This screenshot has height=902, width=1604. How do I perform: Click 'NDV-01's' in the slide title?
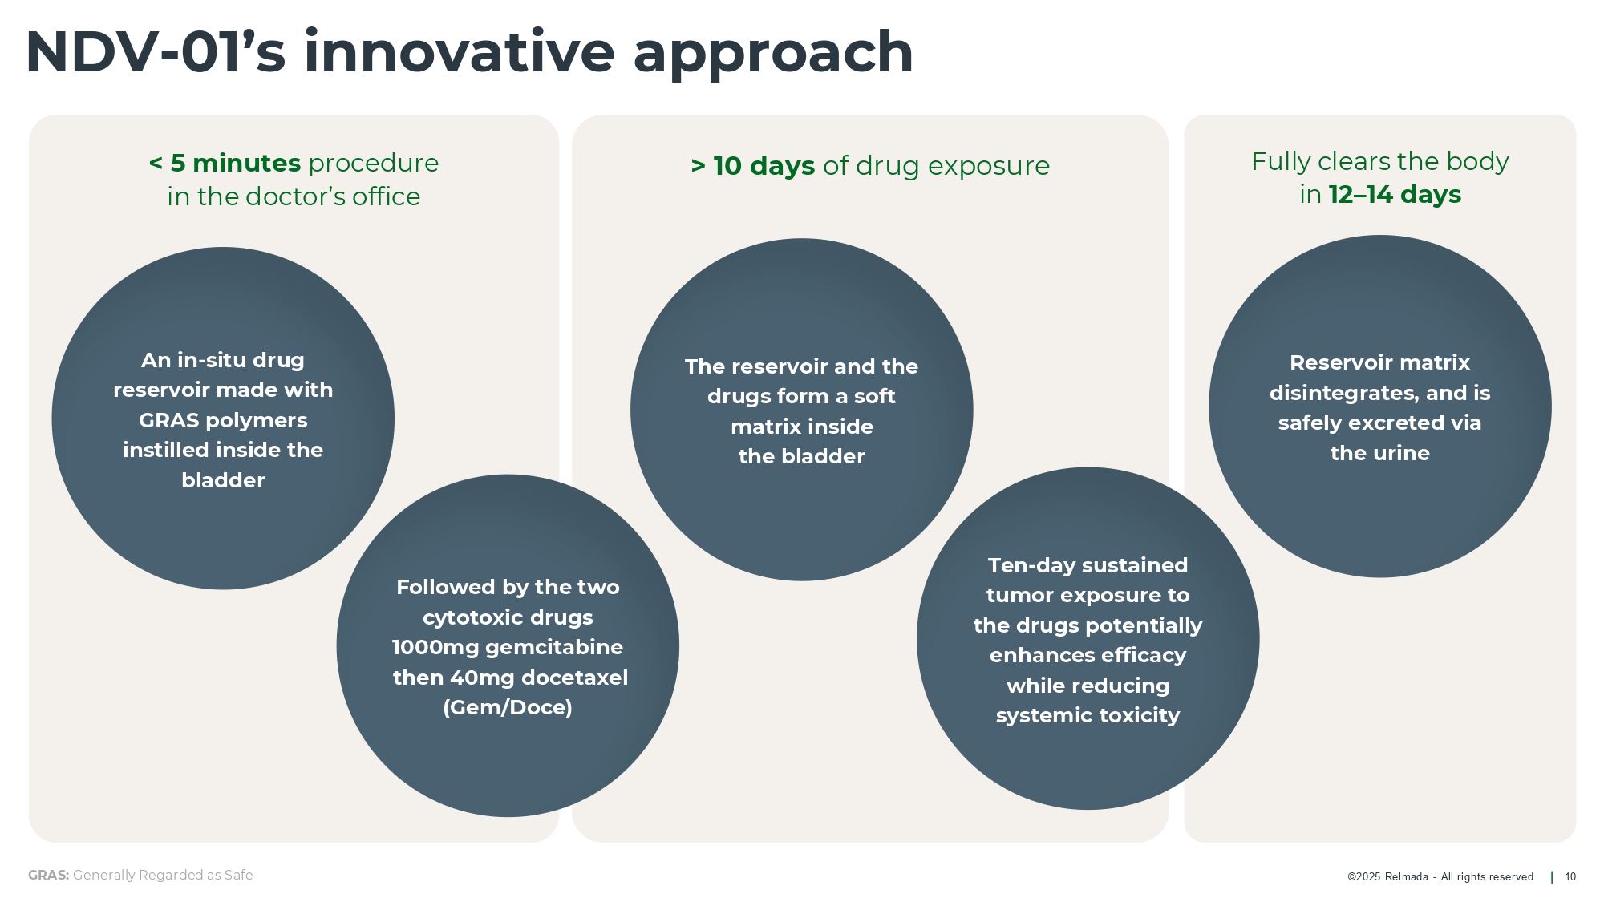156,52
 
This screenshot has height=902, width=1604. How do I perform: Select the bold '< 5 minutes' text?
225,163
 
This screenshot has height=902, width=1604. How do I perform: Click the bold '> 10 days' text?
752,166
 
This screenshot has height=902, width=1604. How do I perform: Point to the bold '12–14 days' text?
1395,195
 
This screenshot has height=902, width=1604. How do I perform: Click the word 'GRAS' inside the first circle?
167,420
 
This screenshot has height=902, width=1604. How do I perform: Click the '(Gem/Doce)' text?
508,708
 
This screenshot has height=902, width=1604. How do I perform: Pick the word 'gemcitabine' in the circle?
554,648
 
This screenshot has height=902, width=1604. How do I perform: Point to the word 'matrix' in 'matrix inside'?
762,427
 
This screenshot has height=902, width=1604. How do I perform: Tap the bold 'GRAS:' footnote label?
49,876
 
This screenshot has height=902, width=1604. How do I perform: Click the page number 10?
1570,877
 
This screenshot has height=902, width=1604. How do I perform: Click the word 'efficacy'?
1144,656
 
